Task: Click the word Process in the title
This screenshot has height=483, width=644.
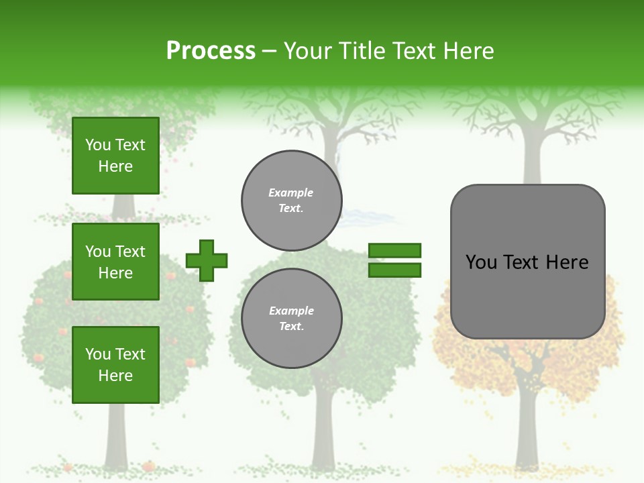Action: pos(211,51)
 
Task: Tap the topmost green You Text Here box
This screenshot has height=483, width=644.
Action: pos(115,156)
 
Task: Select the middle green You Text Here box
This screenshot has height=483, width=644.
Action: pos(115,262)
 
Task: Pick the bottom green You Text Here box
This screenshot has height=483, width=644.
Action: pos(115,364)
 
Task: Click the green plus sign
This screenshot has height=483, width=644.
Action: pos(207,260)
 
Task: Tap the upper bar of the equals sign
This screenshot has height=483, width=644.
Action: pos(395,250)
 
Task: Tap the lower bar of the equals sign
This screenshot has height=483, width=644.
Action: pos(395,270)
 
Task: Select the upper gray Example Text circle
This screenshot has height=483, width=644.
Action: pos(291,201)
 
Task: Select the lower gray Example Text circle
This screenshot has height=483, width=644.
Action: pos(291,318)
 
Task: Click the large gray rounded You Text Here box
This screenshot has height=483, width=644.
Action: pos(527,295)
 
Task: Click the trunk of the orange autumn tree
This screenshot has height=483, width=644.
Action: pos(526,429)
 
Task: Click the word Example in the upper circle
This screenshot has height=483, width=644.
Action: pos(291,193)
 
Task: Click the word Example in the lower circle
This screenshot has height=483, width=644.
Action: pos(291,311)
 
